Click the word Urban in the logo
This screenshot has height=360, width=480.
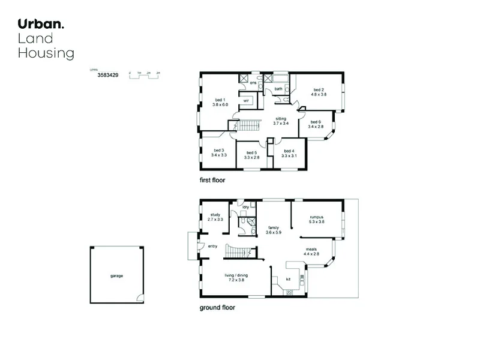coord(39,24)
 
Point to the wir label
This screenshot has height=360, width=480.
coord(246,101)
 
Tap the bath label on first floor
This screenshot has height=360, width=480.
coord(278,89)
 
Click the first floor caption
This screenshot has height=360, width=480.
coord(212,180)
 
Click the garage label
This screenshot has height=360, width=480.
coord(116,276)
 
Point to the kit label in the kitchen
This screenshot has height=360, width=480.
coord(287,279)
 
